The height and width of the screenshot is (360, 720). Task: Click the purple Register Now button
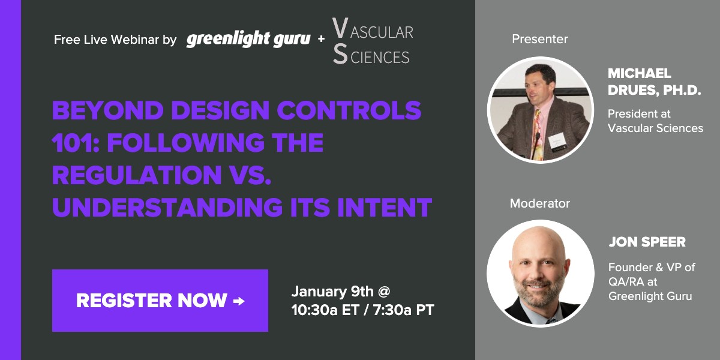(160, 301)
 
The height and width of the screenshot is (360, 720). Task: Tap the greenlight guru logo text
(248, 40)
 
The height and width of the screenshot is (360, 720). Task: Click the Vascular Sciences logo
(372, 41)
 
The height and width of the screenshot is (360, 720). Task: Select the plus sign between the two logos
(321, 40)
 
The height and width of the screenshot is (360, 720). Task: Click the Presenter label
(539, 39)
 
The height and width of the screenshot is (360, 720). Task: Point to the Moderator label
(539, 203)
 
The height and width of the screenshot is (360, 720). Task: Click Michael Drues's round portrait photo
(539, 110)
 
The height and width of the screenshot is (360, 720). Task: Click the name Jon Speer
(647, 242)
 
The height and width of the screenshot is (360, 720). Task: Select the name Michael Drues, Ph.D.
(654, 82)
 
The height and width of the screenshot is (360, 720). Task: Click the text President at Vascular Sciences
(655, 121)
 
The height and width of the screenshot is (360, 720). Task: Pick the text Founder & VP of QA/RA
(652, 274)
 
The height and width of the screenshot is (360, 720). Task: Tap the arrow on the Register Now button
(239, 301)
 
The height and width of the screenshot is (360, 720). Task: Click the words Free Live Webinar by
(115, 40)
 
